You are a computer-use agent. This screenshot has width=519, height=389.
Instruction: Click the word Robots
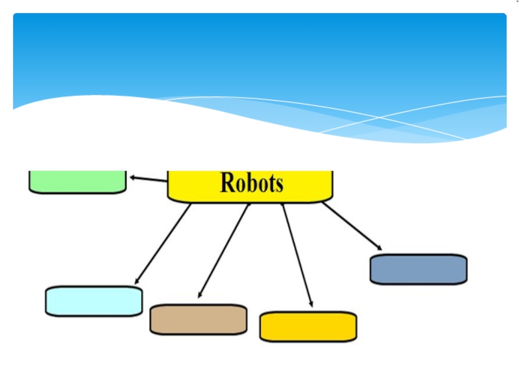click(x=252, y=183)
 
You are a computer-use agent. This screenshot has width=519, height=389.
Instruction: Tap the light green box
click(x=77, y=181)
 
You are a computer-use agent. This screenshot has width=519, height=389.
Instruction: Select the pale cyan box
click(x=93, y=301)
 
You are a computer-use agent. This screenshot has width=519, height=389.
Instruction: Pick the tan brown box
click(x=198, y=320)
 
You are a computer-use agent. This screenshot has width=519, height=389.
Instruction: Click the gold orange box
click(x=308, y=327)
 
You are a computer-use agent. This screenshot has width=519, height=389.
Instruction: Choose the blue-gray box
click(x=418, y=269)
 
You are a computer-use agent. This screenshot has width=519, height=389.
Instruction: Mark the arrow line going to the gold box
click(x=296, y=253)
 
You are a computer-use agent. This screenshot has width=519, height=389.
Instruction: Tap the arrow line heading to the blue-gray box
click(x=350, y=225)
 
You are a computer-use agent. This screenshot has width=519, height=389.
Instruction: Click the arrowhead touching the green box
click(x=132, y=177)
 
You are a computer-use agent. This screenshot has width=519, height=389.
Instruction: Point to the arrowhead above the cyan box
click(x=138, y=281)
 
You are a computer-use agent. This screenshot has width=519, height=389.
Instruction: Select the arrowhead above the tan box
click(x=200, y=295)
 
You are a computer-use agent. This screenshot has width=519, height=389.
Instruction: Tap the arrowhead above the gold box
click(x=311, y=303)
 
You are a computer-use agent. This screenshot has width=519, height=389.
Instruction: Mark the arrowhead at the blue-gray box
click(x=379, y=248)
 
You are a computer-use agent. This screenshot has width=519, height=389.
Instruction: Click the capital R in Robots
click(x=228, y=183)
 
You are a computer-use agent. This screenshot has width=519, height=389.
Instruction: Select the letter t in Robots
click(x=271, y=183)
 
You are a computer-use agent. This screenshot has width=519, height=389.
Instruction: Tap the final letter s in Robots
click(x=279, y=185)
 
